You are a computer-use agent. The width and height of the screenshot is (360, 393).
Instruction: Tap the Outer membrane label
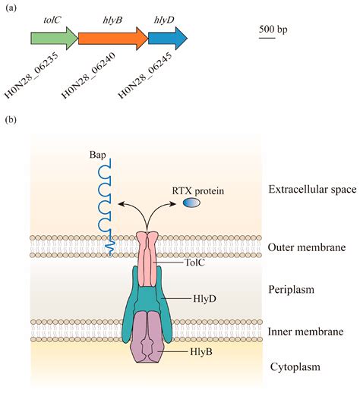tap(307, 248)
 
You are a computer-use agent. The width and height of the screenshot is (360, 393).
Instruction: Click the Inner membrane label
tap(306, 332)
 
